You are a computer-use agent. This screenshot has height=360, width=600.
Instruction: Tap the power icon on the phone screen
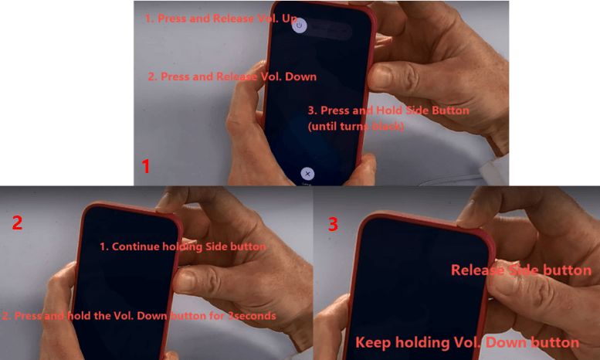point(300,25)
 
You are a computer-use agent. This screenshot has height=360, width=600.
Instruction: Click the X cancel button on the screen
point(307,174)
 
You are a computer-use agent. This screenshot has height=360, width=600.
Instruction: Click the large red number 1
point(145,166)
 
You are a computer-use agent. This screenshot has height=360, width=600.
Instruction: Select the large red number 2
point(17,222)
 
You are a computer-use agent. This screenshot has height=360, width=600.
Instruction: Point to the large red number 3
point(333,224)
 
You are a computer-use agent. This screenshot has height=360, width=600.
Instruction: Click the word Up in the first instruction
point(290,19)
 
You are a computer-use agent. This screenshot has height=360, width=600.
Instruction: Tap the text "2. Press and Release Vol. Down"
point(232,76)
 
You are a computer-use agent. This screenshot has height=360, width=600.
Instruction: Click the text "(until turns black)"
point(356,126)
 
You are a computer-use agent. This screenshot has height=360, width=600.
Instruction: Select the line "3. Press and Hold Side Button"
point(388,110)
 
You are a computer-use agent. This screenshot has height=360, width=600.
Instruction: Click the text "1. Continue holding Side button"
point(182,246)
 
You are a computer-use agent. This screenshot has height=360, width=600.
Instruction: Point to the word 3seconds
point(252,315)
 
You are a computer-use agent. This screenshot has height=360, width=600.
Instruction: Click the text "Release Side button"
point(521,270)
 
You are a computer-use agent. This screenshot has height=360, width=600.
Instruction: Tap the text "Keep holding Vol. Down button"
point(467,342)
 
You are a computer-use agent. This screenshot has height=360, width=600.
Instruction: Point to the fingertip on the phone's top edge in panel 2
point(165,206)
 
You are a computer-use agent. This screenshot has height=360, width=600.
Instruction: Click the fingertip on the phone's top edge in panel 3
point(468,220)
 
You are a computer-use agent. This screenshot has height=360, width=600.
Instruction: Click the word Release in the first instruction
point(233,19)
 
